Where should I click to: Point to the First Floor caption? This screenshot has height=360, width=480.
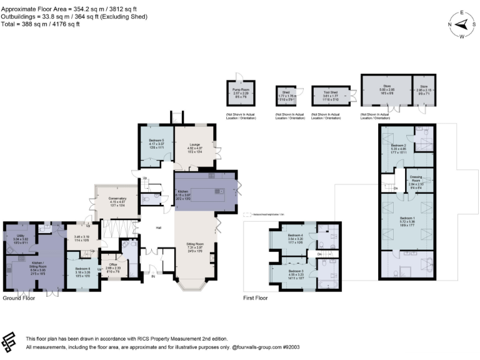[255, 298]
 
